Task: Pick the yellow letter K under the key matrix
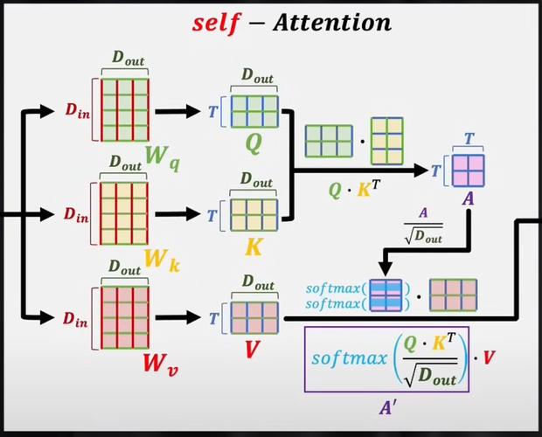coord(254,247)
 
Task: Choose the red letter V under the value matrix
coord(254,350)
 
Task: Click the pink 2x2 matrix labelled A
coord(469,170)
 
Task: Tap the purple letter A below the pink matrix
coord(469,200)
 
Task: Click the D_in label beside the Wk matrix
coord(75,212)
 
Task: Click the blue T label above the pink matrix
coord(469,138)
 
